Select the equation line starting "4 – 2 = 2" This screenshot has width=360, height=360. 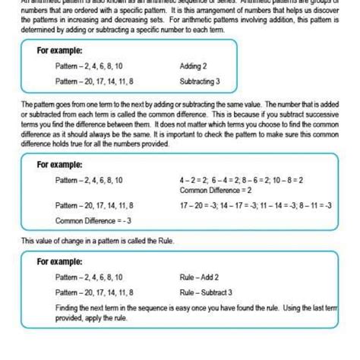coord(242,180)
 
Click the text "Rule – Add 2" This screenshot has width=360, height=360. coord(200,277)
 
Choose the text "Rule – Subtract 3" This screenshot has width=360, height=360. coord(206,292)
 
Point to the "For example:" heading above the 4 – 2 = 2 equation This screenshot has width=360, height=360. coord(61,164)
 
